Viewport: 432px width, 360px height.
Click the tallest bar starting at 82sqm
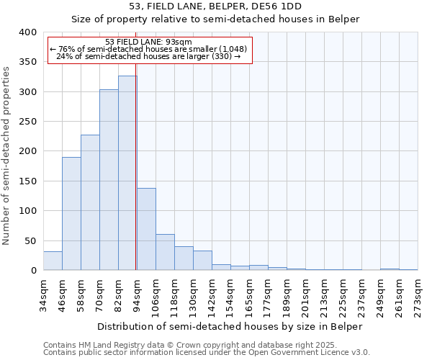(127, 173)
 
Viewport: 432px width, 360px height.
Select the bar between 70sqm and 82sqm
(109, 180)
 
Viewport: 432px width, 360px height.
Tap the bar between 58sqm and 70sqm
(90, 202)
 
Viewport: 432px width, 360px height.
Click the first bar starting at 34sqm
(53, 261)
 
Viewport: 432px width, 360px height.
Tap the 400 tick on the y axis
(27, 32)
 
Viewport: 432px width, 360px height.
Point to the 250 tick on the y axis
(27, 122)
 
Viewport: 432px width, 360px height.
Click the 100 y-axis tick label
(27, 211)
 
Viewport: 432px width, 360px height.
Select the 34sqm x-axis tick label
(43, 294)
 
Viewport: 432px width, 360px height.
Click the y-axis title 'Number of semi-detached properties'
(6, 156)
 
